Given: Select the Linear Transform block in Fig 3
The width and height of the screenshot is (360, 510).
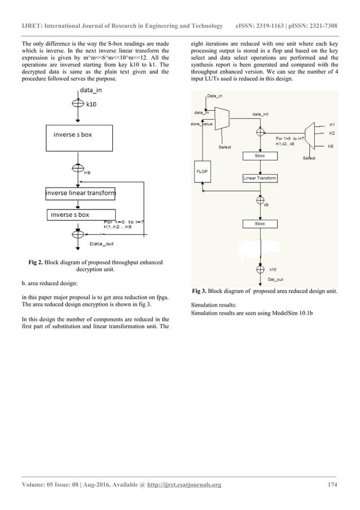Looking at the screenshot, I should pos(260,178).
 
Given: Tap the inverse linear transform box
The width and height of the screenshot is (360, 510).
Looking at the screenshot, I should pos(81,194).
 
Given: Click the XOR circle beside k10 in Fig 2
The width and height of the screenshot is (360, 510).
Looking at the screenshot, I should pos(75,104).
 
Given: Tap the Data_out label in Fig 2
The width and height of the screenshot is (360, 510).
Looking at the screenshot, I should pos(103,243).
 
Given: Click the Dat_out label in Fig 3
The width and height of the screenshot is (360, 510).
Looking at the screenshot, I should pos(275,279).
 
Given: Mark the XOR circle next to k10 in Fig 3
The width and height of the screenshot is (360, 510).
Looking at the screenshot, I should pos(260,270).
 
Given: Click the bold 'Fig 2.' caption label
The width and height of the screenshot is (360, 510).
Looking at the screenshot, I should pos(36,262).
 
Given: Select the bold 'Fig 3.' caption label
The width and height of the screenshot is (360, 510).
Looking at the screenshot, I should pos(200,291).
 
